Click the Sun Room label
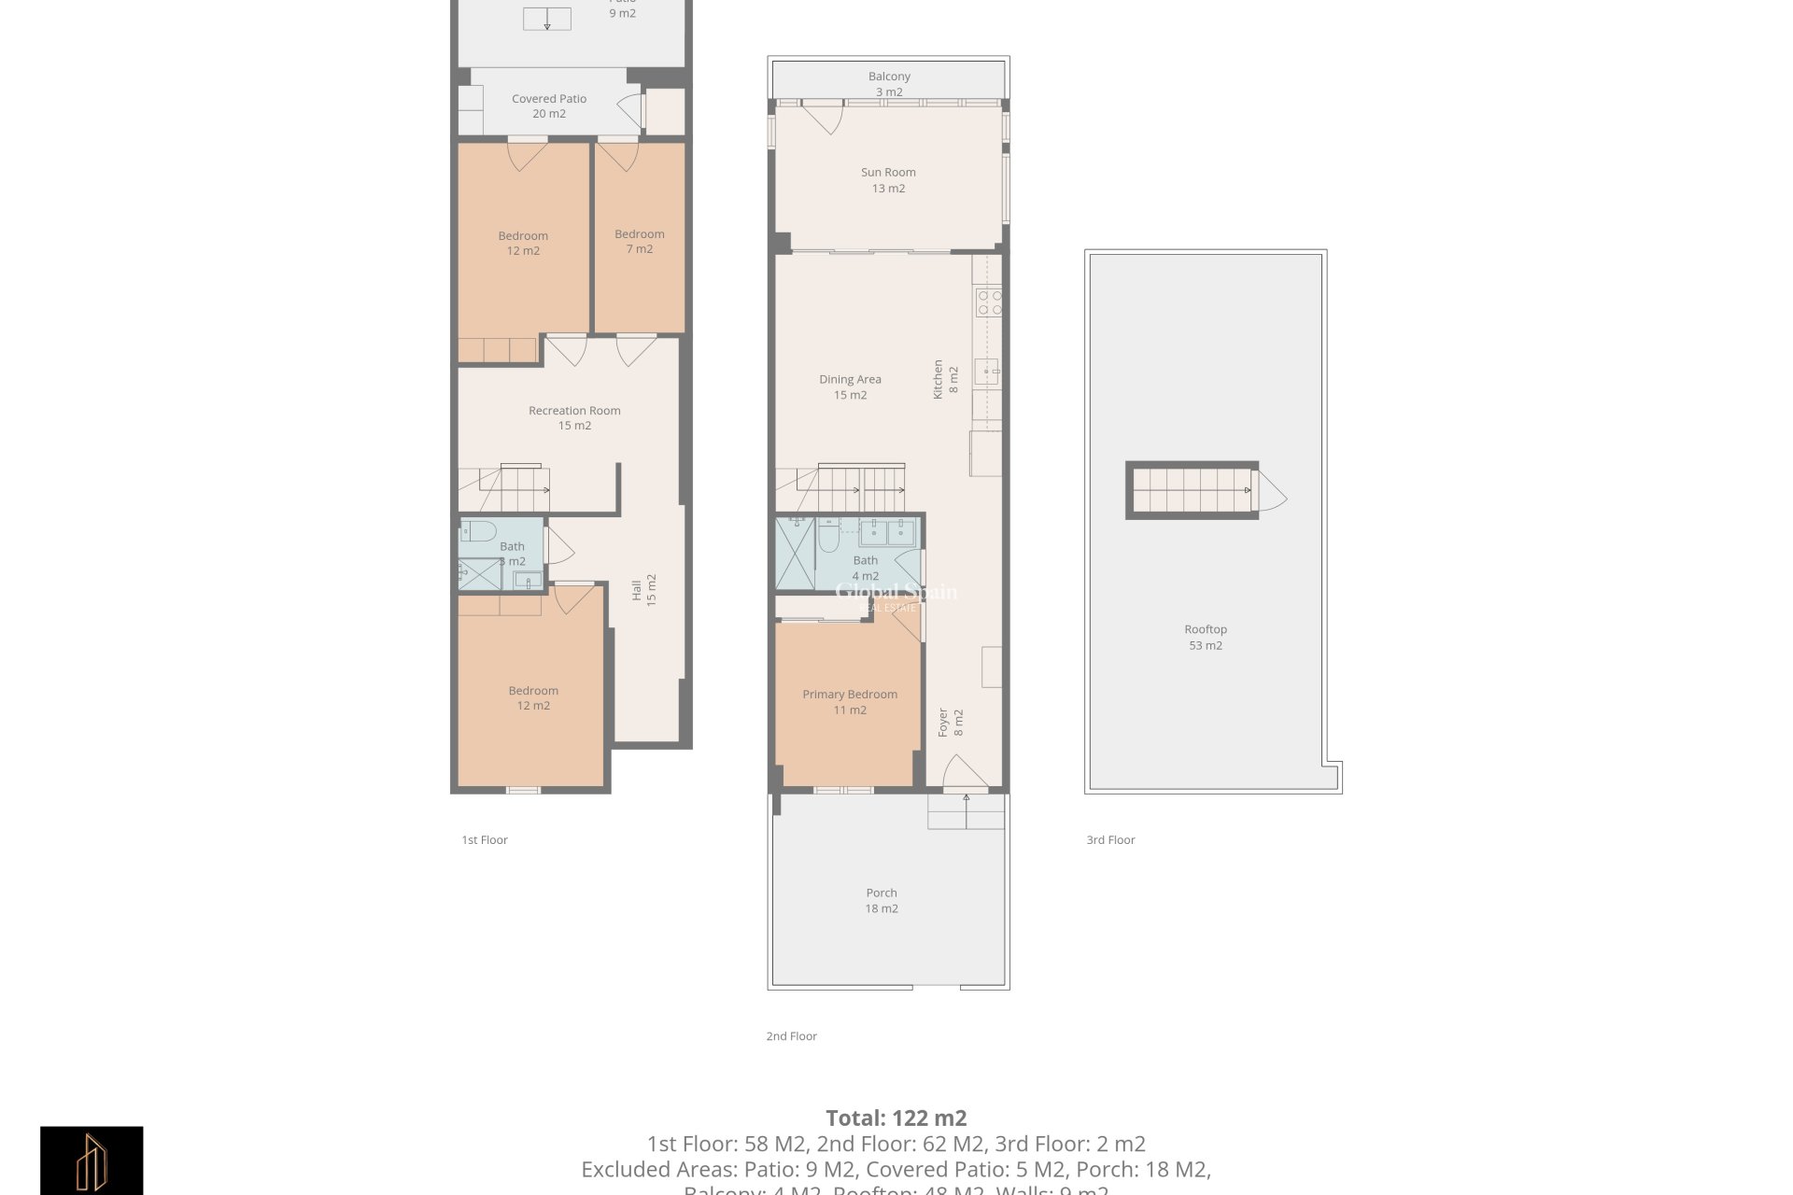[888, 179]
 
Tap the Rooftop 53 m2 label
[1205, 637]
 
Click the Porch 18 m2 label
[881, 900]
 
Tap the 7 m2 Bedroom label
[640, 241]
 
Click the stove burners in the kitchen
[989, 302]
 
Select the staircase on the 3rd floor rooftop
[1192, 490]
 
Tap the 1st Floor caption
[485, 840]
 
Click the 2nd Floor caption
[791, 1036]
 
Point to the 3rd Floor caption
[1110, 840]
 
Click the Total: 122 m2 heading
[896, 1118]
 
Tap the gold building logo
[92, 1160]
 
